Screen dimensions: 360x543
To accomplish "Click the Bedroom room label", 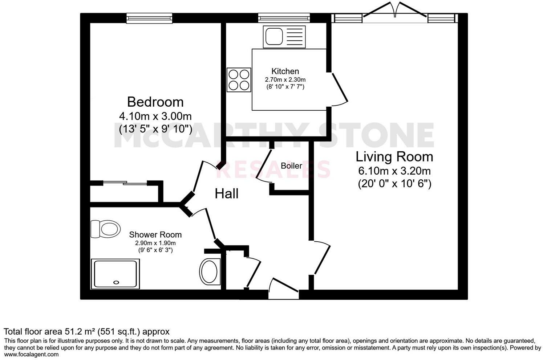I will [155, 102].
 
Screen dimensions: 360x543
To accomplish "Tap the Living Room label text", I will [394, 157].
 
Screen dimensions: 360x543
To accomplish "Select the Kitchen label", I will [285, 71].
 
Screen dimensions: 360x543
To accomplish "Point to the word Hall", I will [227, 193].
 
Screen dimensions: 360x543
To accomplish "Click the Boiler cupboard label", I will [291, 166].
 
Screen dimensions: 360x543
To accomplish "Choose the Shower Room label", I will [155, 235].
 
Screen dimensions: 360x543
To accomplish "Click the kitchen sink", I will [285, 37].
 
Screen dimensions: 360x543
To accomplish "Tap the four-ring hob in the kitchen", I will [239, 80].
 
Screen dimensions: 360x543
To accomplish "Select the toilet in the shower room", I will [106, 229].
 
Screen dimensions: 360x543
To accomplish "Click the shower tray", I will [115, 274].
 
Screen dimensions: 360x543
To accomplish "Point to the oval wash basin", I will [209, 271].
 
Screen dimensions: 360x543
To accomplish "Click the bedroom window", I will [149, 18].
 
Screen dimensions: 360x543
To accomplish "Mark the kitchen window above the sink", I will [284, 18].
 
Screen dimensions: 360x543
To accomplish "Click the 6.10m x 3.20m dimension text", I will [394, 171].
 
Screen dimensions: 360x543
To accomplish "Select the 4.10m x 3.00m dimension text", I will [155, 116].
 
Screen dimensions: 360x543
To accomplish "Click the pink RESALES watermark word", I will [273, 169].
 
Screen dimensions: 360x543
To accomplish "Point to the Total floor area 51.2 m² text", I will [86, 331].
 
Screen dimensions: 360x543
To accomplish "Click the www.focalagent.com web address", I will [31, 355].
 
